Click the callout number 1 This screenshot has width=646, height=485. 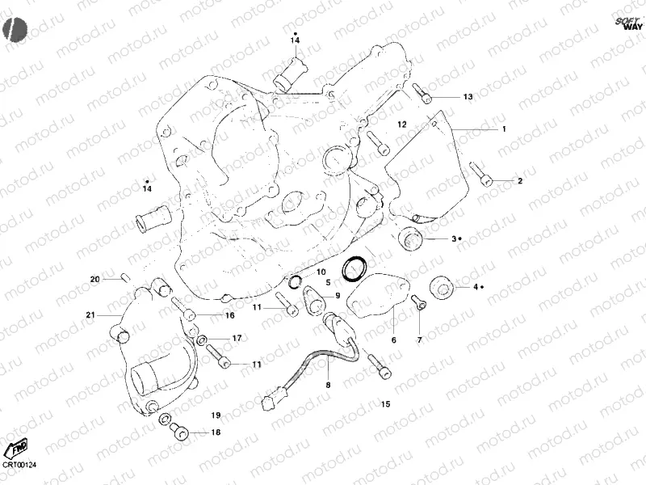coord(504,129)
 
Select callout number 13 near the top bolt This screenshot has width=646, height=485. coord(468,97)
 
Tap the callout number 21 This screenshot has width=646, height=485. coord(90,314)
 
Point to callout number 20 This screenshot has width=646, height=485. coord(94,280)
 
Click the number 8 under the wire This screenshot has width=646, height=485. coord(328,386)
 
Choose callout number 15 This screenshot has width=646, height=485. coord(385,403)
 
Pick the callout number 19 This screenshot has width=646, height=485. coord(216,415)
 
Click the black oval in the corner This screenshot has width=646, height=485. coord(14,29)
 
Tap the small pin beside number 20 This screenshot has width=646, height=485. coord(124,279)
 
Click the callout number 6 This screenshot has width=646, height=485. coord(393,340)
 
